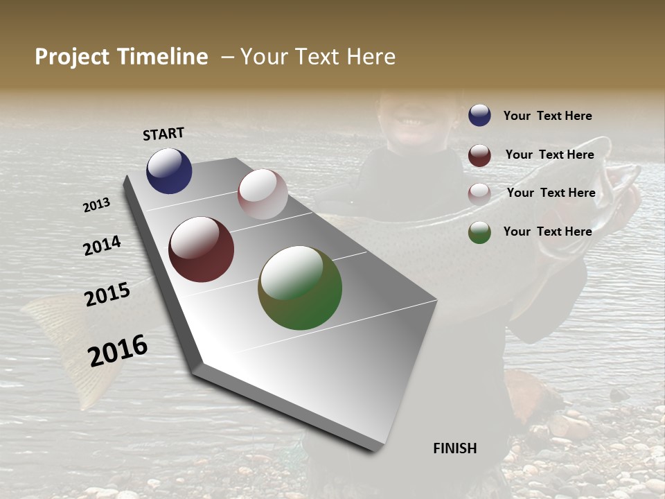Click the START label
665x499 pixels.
[163, 134]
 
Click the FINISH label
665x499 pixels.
[454, 448]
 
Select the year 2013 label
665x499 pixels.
[97, 205]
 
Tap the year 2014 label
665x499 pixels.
[102, 245]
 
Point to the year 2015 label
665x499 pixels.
[107, 294]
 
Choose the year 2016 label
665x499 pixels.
[118, 350]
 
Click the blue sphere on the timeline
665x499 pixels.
[169, 170]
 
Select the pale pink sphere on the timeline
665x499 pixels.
[263, 194]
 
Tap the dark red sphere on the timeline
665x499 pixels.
[201, 249]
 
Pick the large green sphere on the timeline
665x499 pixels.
[300, 288]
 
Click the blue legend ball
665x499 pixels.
[479, 115]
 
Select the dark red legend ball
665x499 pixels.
[479, 155]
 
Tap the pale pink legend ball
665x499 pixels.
[479, 193]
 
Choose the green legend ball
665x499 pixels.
[479, 232]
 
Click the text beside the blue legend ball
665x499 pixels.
[547, 116]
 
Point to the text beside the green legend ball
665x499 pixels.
[547, 231]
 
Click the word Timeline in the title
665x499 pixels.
[163, 57]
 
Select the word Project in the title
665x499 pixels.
[71, 57]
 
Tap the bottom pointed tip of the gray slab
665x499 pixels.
[374, 449]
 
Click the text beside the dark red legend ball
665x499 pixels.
[549, 155]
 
